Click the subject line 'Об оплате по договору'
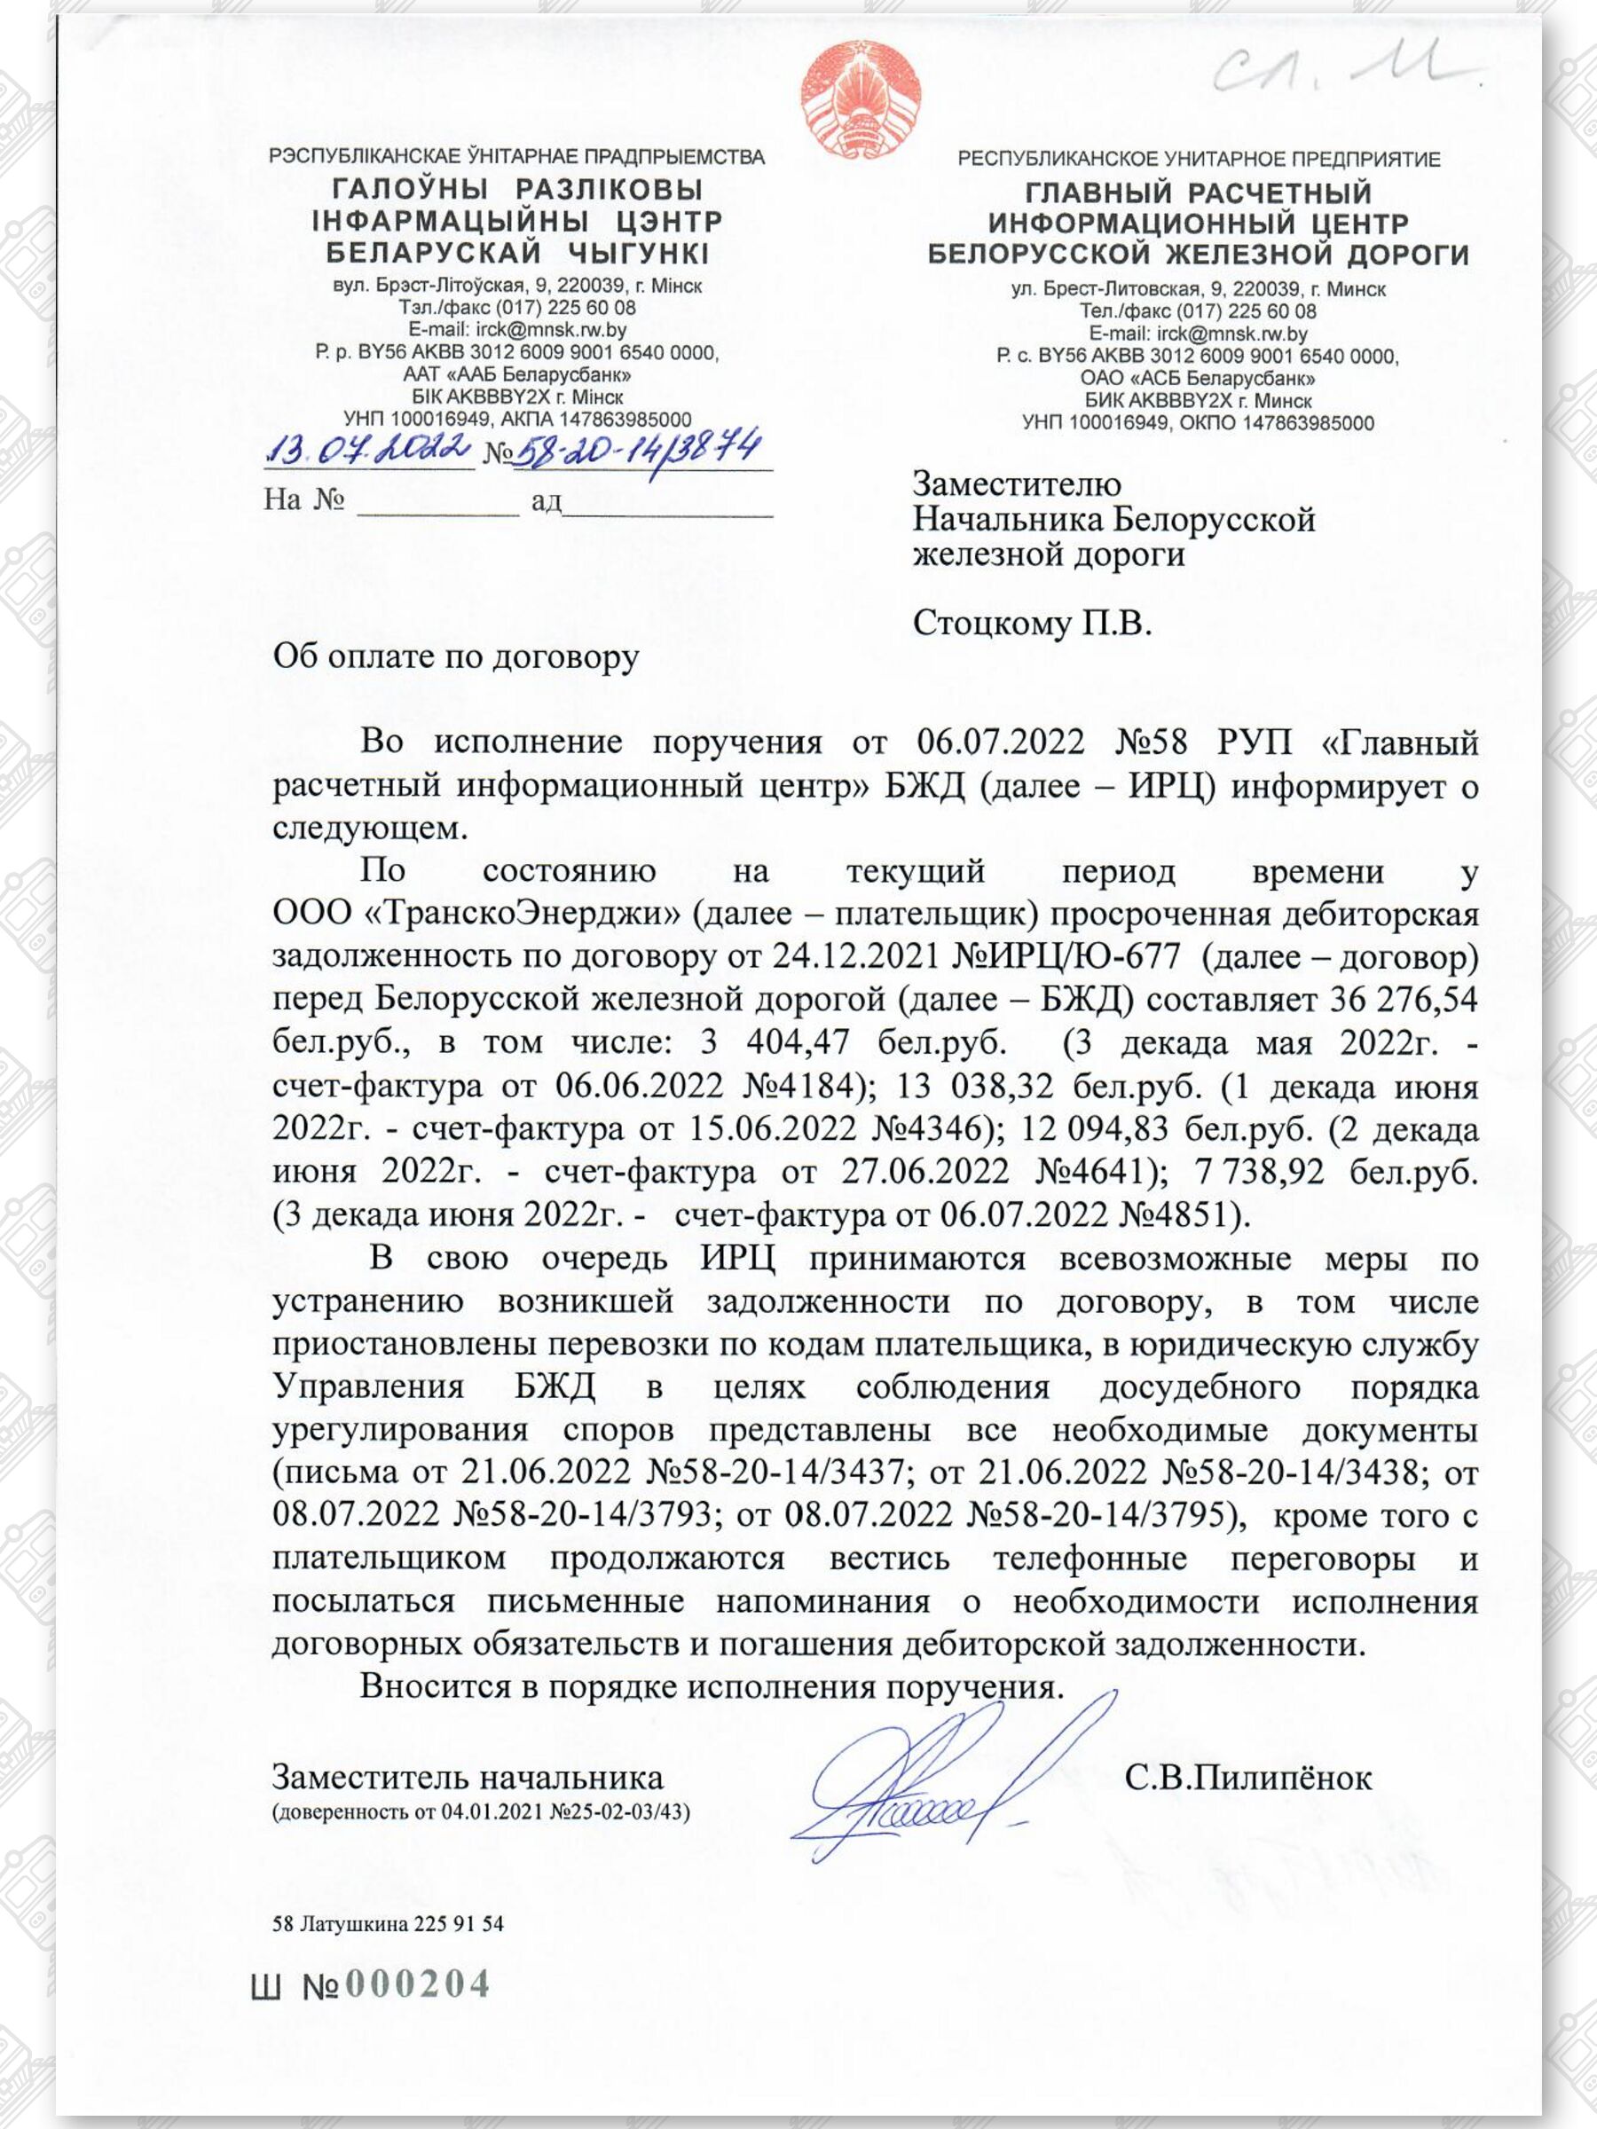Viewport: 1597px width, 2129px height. pyautogui.click(x=455, y=656)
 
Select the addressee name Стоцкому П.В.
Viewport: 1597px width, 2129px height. pyautogui.click(x=1031, y=624)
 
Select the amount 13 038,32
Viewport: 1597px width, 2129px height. pyautogui.click(x=974, y=1086)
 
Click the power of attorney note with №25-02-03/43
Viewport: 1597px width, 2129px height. pyautogui.click(x=480, y=1813)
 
